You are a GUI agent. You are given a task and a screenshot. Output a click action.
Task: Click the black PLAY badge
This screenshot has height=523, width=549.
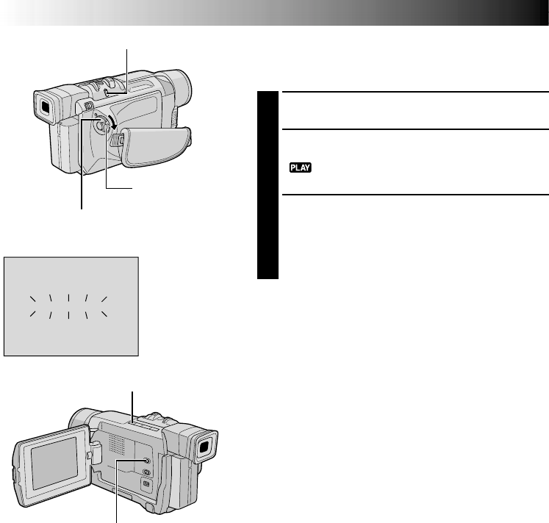tap(301, 168)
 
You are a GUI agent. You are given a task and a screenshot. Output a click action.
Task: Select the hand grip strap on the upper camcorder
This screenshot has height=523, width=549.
tap(156, 146)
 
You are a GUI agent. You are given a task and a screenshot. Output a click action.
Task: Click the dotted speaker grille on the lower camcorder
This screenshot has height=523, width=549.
tap(117, 444)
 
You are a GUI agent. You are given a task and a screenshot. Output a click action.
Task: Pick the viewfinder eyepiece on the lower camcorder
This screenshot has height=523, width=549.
tap(204, 447)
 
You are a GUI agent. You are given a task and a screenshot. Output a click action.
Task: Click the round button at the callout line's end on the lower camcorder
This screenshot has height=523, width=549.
tap(146, 461)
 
